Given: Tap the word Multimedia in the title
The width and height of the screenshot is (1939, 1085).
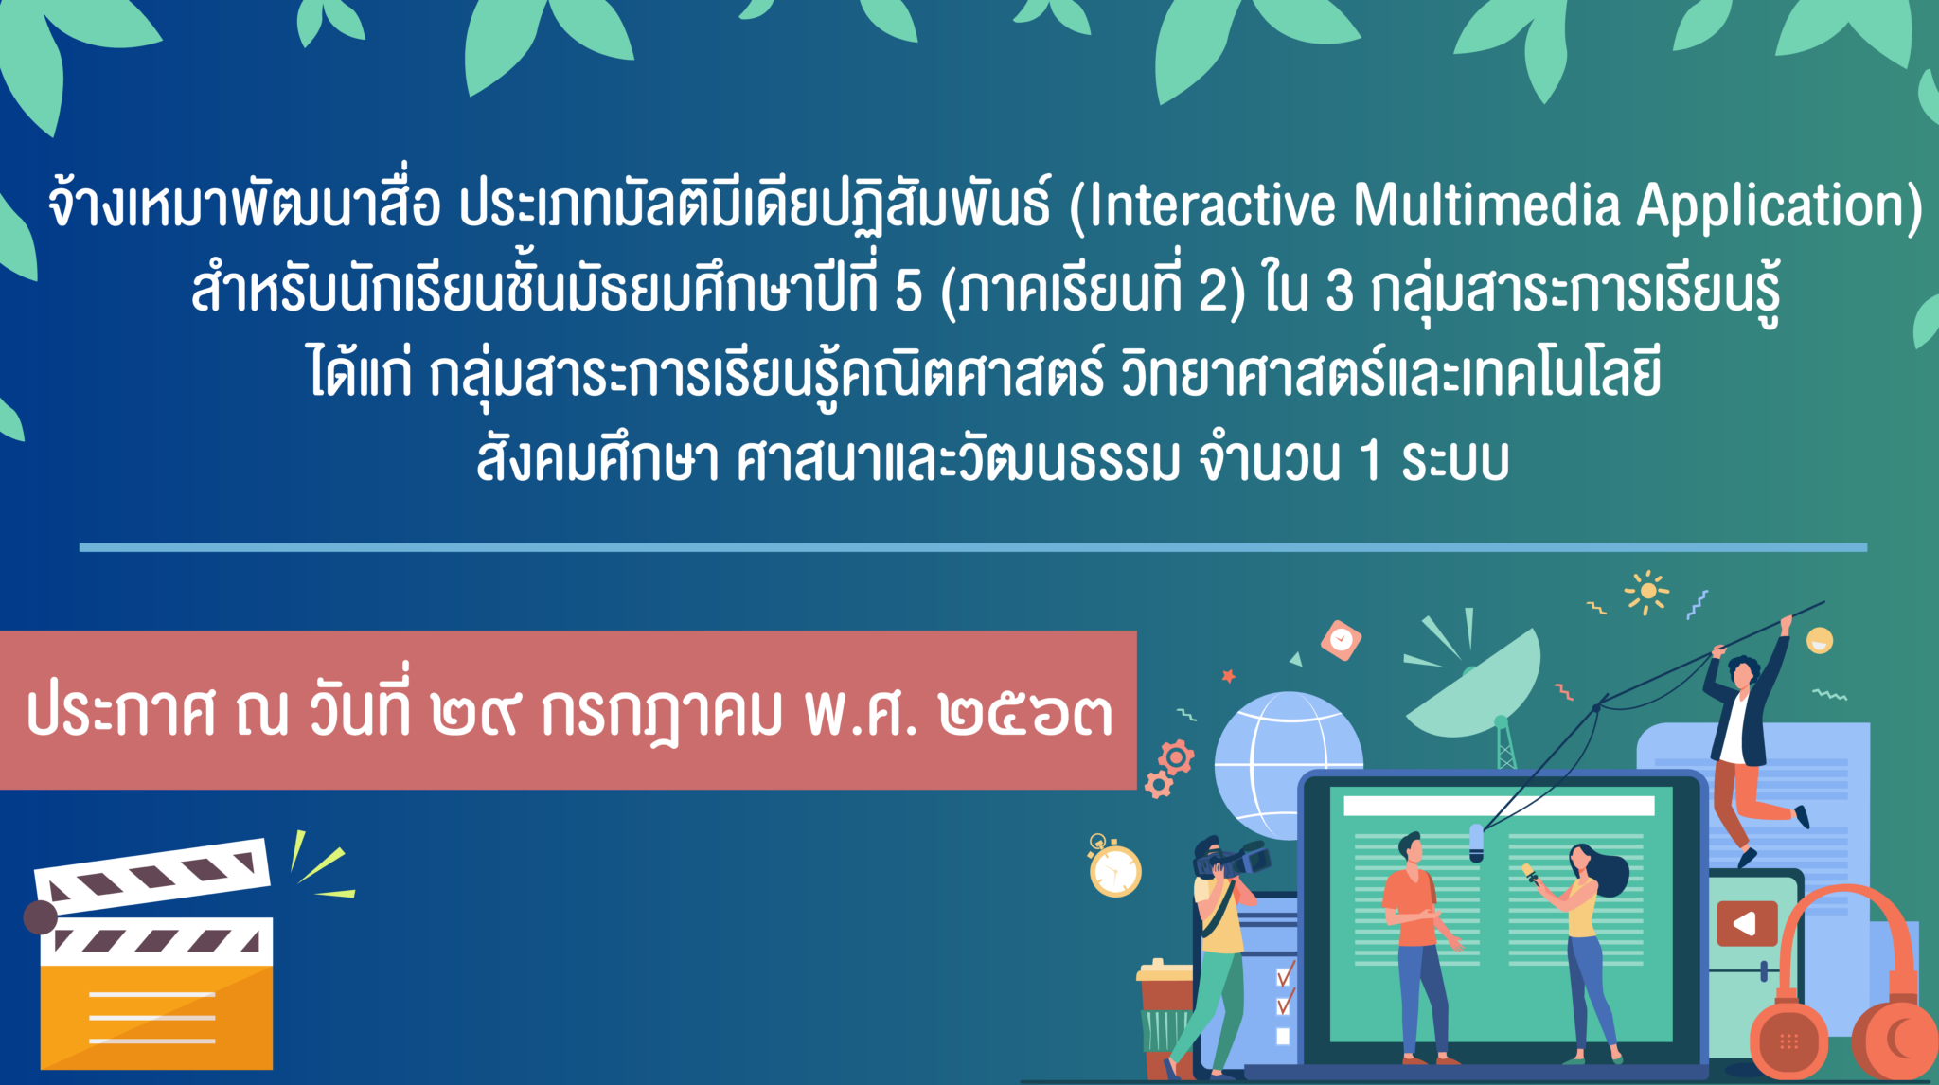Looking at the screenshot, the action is tap(1486, 205).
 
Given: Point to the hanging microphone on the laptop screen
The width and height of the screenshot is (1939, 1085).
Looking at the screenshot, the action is tap(1476, 843).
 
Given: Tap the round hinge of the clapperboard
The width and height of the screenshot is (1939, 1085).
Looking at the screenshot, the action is tap(40, 917).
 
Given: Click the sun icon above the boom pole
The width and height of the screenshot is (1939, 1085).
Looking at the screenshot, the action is tap(1647, 592).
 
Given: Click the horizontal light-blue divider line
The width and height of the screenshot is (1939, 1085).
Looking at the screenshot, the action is tap(973, 547).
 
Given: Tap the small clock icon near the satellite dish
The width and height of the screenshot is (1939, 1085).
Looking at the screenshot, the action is tap(1341, 640).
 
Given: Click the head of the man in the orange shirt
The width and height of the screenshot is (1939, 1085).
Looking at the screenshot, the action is tap(1411, 846).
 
